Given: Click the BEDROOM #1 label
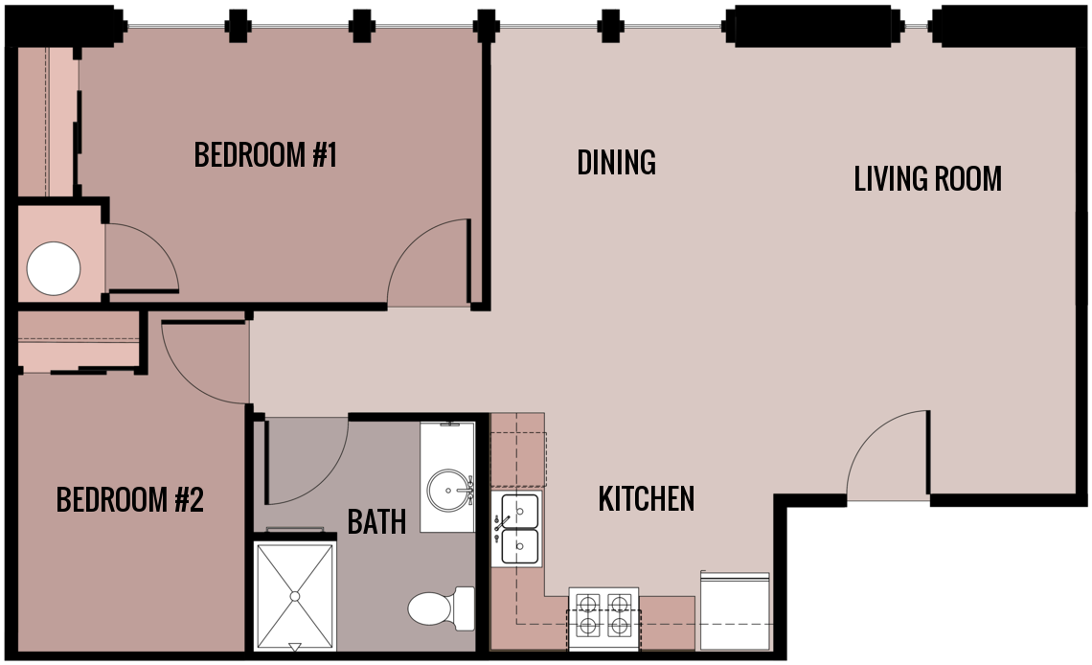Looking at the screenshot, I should point(265,154).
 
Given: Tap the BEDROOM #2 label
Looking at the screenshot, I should point(130,499).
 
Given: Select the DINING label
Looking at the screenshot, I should point(616,162).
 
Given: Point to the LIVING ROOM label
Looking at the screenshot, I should point(927,178).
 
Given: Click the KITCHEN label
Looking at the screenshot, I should point(646,498).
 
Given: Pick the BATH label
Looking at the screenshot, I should point(376,521).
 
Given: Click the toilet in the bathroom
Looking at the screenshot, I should point(440,608).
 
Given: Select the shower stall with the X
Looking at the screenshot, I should point(295,596).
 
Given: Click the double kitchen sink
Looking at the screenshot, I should point(518,528).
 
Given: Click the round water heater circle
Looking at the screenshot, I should point(54,268).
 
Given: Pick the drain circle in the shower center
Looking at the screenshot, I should point(295,596).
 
